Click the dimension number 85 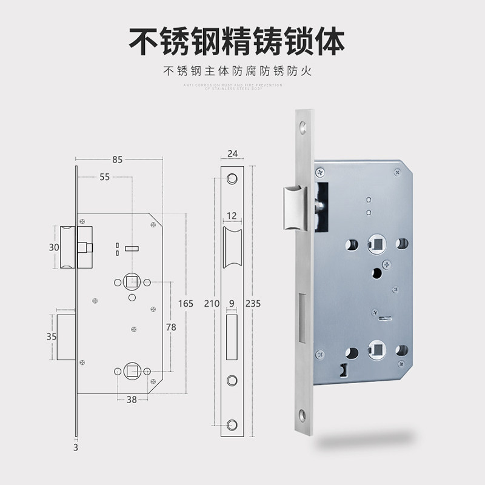(x=117, y=160)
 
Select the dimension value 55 (x=105, y=177)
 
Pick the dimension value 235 (x=253, y=304)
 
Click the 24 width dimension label (x=232, y=153)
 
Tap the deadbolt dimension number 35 (x=53, y=336)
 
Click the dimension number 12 (x=232, y=216)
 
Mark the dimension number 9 (x=232, y=304)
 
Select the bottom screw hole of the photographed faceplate (x=301, y=416)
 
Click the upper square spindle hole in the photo (x=375, y=244)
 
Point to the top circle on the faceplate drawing (x=232, y=179)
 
